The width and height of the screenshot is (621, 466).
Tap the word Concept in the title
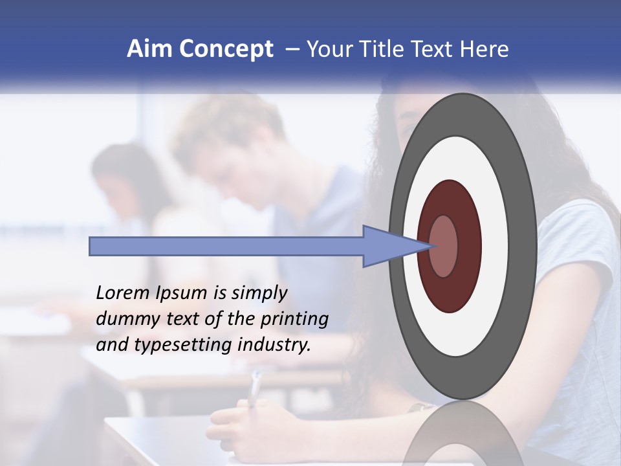point(226,49)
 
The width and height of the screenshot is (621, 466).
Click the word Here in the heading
point(484,49)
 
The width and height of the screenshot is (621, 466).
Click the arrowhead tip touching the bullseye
point(430,246)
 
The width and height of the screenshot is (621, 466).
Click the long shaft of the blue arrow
point(226,246)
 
